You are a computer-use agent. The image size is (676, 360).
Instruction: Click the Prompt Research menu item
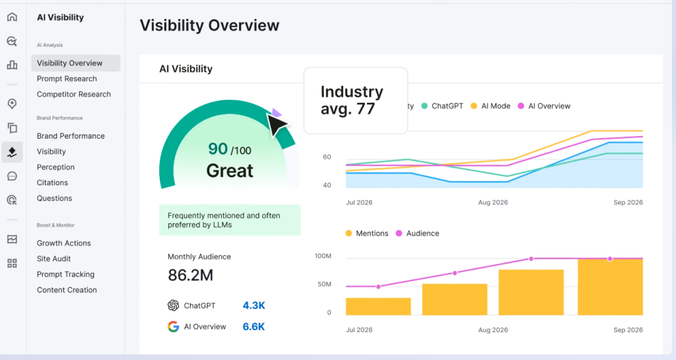(x=67, y=79)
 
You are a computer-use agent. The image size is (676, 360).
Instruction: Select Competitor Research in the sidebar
(x=74, y=94)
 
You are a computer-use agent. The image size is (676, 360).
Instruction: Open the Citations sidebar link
(x=52, y=183)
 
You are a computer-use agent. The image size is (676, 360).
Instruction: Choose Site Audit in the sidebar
(x=53, y=259)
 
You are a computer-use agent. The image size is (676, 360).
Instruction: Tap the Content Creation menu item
(x=67, y=290)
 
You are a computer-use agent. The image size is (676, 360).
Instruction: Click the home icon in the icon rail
(x=12, y=17)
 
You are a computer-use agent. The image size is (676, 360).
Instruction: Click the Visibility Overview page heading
(x=209, y=26)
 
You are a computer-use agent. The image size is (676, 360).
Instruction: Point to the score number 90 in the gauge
(x=218, y=149)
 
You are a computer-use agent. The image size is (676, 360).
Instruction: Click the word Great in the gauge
(x=230, y=170)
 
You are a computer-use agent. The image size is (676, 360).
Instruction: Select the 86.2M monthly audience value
(x=190, y=275)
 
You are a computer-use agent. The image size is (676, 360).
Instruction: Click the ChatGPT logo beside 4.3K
(x=174, y=306)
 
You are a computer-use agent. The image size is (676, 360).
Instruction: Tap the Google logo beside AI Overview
(x=174, y=326)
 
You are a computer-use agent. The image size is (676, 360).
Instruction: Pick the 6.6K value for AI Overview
(x=253, y=326)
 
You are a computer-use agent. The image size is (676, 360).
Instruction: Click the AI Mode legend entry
(x=490, y=106)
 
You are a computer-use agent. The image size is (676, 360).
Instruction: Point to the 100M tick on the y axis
(x=323, y=256)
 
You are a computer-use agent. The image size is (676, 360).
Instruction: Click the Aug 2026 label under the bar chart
(x=493, y=330)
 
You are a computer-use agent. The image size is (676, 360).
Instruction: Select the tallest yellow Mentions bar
(x=610, y=287)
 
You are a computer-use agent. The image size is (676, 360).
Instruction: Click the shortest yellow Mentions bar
(x=378, y=306)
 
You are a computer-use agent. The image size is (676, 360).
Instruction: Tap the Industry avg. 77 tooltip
(x=355, y=100)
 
